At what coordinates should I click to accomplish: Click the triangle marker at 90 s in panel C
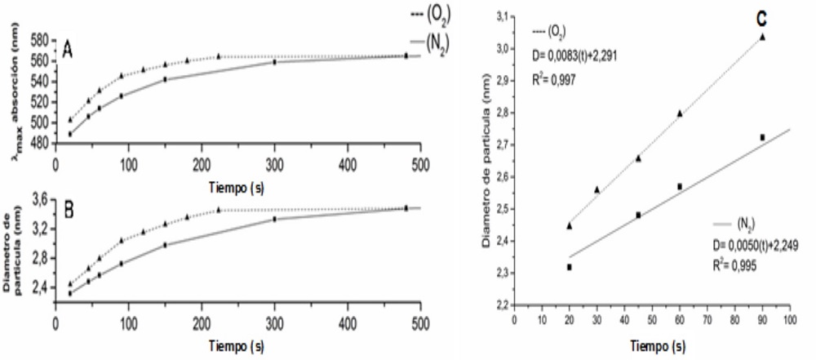[x=762, y=37]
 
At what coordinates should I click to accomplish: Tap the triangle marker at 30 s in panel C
[x=596, y=189]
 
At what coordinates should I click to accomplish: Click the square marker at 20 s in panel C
[x=569, y=267]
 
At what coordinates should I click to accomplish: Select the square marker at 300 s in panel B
[x=274, y=219]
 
